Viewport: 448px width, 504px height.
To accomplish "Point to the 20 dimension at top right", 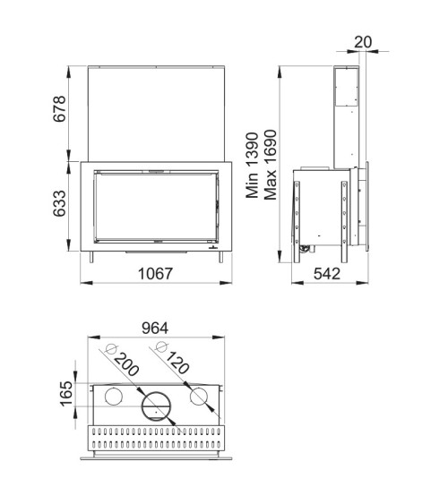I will (x=362, y=41).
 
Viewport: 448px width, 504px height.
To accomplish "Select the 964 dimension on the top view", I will (x=156, y=328).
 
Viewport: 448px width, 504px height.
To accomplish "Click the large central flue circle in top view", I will (x=157, y=407).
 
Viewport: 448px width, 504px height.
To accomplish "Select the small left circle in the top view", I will (x=116, y=397).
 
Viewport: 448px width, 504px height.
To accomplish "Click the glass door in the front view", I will (x=157, y=207).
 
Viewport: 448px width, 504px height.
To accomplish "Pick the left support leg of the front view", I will (x=92, y=258).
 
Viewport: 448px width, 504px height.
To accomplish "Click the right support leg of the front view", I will (x=221, y=258).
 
